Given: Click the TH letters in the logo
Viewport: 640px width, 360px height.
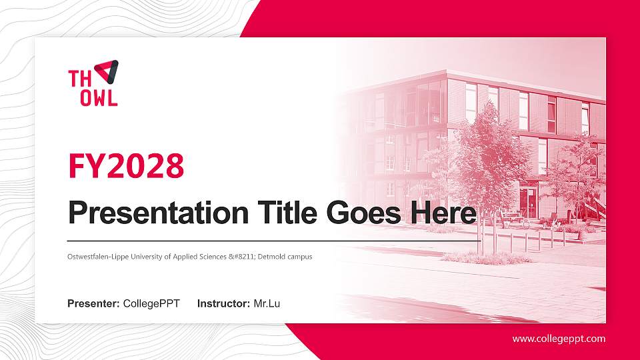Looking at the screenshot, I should pyautogui.click(x=80, y=78).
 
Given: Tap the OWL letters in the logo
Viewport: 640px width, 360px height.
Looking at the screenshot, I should pyautogui.click(x=99, y=97).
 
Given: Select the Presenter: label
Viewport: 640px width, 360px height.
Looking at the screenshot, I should pyautogui.click(x=93, y=304).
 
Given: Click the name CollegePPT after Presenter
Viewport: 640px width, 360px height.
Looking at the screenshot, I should pyautogui.click(x=151, y=304).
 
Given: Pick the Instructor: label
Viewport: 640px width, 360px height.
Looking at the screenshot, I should pyautogui.click(x=224, y=304).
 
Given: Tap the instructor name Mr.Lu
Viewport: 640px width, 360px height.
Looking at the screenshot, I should pyautogui.click(x=267, y=304).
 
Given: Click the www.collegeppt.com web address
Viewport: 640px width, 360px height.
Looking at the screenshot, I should pyautogui.click(x=559, y=339).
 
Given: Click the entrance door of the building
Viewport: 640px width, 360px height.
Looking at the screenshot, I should pyautogui.click(x=528, y=203).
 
